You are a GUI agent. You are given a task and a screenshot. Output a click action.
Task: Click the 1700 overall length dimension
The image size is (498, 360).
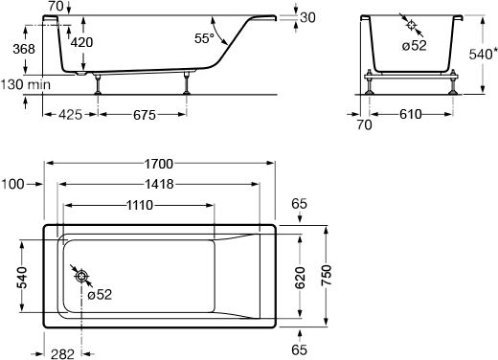click(x=159, y=164)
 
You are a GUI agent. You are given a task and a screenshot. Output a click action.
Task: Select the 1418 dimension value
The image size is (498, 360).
click(x=159, y=184)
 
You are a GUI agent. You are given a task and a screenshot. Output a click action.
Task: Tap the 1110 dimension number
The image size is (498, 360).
click(x=140, y=205)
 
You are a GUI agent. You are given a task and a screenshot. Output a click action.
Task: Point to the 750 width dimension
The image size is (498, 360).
click(x=327, y=275)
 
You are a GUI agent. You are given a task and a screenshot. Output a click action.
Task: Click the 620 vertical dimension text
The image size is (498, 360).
click(x=300, y=278)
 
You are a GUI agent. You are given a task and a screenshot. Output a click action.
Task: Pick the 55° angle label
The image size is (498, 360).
click(x=204, y=38)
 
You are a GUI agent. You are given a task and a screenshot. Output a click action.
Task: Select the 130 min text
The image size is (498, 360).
click(x=26, y=84)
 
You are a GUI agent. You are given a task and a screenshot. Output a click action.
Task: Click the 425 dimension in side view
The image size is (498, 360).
click(x=70, y=115)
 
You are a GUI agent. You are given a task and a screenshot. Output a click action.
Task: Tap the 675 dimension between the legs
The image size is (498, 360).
click(x=145, y=115)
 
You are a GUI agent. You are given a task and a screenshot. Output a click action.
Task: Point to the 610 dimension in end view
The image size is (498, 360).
click(x=411, y=114)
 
